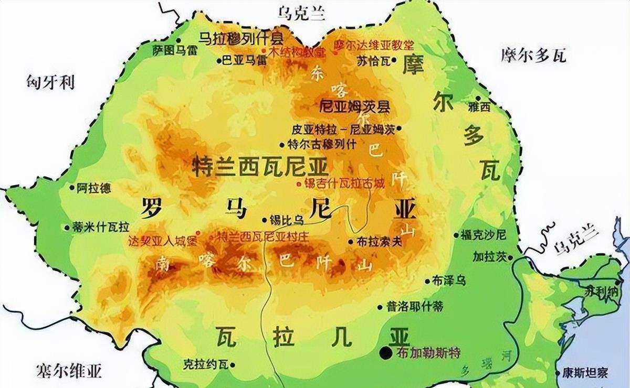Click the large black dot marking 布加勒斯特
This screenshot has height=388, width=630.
pyautogui.click(x=386, y=353)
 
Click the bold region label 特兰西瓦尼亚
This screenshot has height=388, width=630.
pyautogui.click(x=260, y=167)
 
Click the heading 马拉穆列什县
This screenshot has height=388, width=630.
pyautogui.click(x=241, y=38)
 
